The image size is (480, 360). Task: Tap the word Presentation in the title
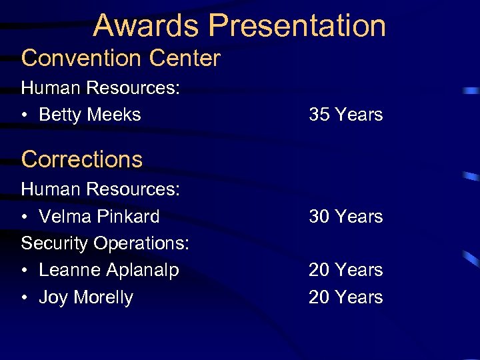(x=297, y=25)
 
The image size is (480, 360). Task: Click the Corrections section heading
(x=82, y=159)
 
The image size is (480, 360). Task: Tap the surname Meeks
(x=114, y=115)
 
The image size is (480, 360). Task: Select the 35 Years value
(x=345, y=115)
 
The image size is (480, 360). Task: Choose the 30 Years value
(x=345, y=217)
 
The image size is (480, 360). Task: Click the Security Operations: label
(x=105, y=243)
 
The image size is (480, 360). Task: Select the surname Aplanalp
(x=143, y=271)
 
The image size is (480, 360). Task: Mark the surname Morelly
(x=103, y=297)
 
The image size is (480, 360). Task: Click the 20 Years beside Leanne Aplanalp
(x=345, y=270)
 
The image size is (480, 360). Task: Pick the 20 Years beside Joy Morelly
(x=345, y=297)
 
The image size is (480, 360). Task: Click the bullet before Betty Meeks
(x=25, y=115)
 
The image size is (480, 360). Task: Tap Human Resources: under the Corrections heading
(x=101, y=189)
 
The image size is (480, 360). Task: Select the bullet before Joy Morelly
(x=25, y=298)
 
